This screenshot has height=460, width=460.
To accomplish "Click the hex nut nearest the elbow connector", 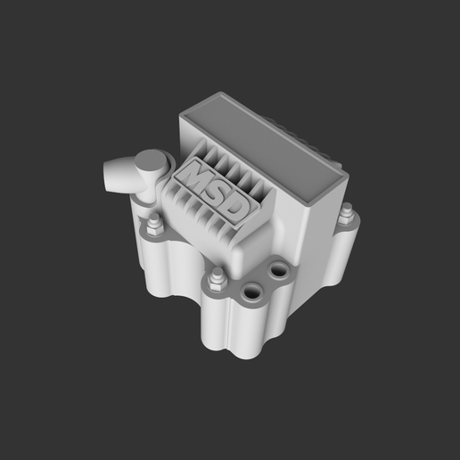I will click(x=152, y=223).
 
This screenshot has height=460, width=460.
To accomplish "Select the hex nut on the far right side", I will click(x=348, y=214).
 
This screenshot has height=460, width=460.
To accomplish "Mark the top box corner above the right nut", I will click(x=341, y=177).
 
